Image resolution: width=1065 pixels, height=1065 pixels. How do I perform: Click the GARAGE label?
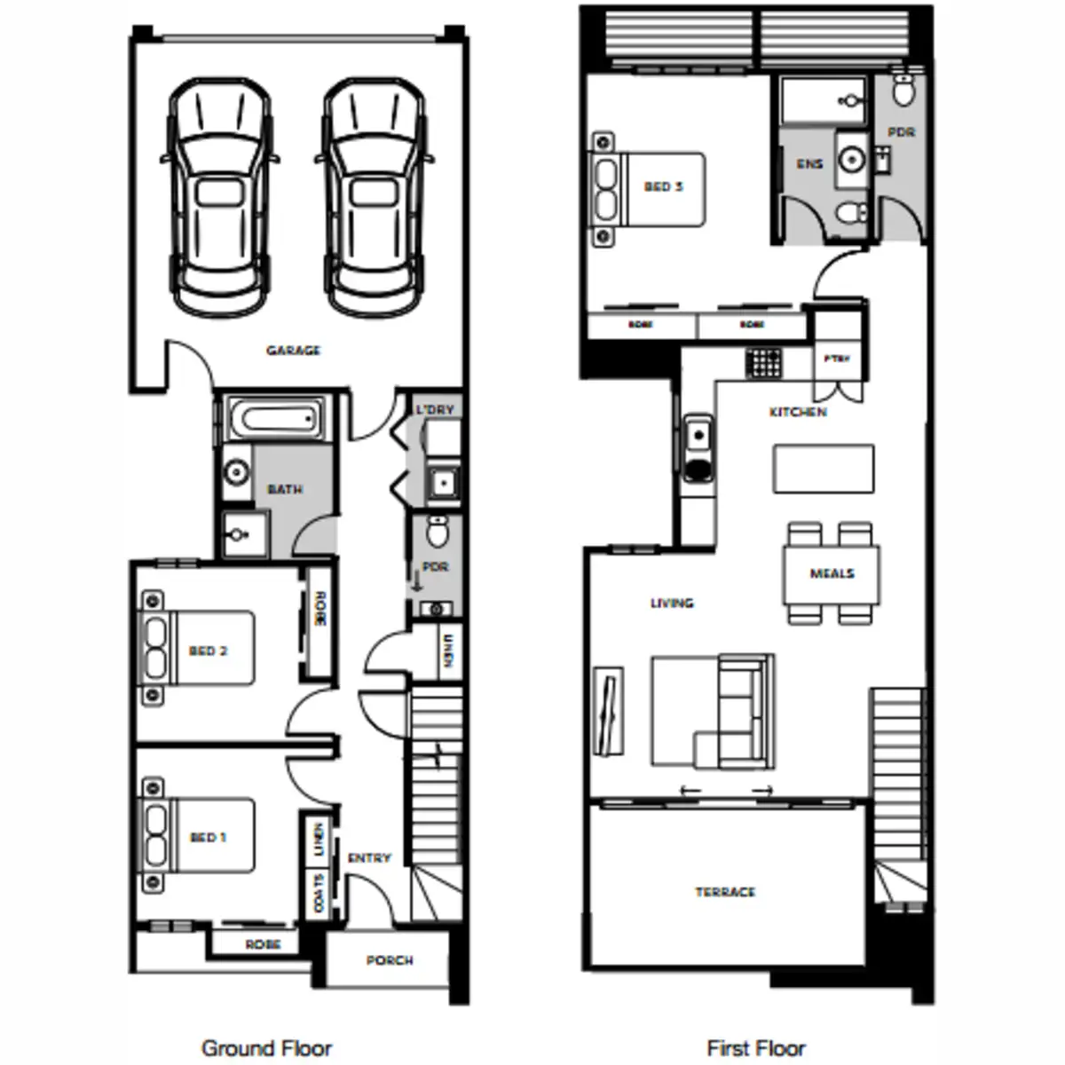pyautogui.click(x=293, y=351)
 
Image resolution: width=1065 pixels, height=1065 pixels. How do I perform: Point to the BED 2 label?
pyautogui.click(x=208, y=651)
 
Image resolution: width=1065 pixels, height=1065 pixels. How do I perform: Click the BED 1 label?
pyautogui.click(x=208, y=837)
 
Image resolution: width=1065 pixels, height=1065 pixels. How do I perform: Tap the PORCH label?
pyautogui.click(x=390, y=960)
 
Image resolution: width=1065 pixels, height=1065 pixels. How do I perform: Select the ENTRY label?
pyautogui.click(x=369, y=857)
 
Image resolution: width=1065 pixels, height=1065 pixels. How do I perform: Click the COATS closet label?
pyautogui.click(x=319, y=893)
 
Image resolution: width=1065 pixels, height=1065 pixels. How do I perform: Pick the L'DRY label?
pyautogui.click(x=435, y=409)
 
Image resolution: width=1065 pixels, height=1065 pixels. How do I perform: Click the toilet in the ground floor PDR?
pyautogui.click(x=437, y=532)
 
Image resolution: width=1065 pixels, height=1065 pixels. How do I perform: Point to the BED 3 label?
pyautogui.click(x=663, y=186)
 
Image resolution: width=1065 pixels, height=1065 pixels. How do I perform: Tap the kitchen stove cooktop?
pyautogui.click(x=763, y=362)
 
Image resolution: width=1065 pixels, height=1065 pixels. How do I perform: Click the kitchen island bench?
pyautogui.click(x=823, y=469)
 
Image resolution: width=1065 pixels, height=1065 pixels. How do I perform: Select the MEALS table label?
pyautogui.click(x=832, y=573)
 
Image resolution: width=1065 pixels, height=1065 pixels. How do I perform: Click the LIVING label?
pyautogui.click(x=672, y=603)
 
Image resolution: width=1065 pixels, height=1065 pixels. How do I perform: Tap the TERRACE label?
pyautogui.click(x=725, y=891)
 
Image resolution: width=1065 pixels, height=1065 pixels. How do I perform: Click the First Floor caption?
pyautogui.click(x=756, y=1048)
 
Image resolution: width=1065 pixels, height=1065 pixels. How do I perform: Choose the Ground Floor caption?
pyautogui.click(x=266, y=1048)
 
